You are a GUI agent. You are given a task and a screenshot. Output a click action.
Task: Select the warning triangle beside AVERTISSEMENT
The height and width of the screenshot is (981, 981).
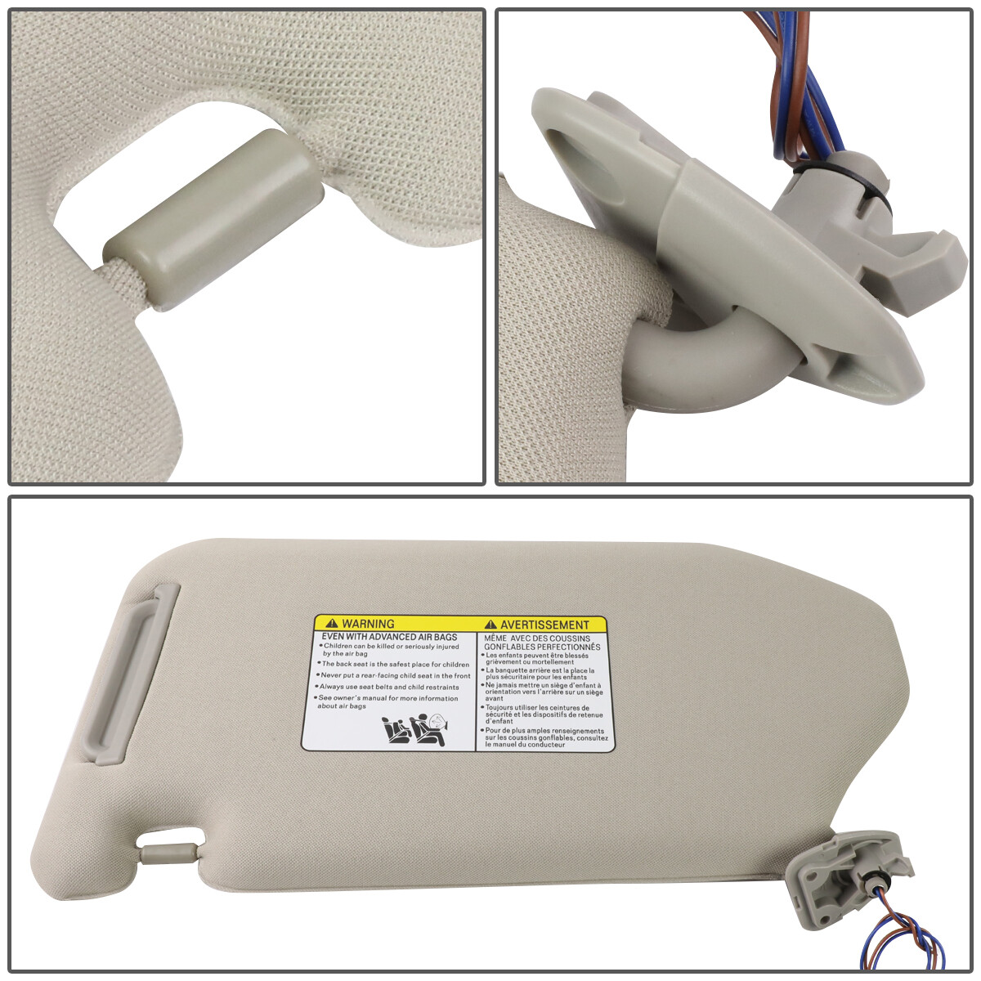(490, 625)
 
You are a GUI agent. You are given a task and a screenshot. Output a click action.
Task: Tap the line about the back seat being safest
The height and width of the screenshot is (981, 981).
(396, 665)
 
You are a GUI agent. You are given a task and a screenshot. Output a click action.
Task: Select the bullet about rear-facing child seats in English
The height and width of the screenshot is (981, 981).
(396, 676)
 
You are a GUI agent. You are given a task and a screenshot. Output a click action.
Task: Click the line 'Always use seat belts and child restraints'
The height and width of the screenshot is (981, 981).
(389, 688)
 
